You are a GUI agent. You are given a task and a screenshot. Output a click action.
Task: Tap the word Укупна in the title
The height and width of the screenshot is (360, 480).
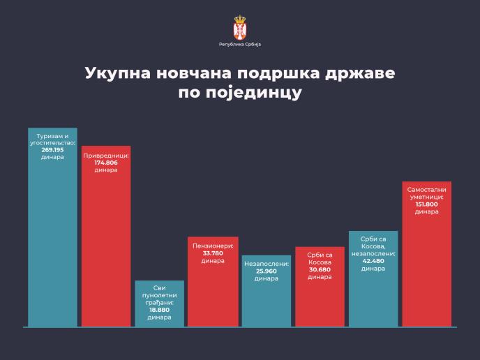click(118, 74)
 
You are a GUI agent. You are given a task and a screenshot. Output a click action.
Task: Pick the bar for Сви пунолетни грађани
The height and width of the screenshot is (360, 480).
click(159, 303)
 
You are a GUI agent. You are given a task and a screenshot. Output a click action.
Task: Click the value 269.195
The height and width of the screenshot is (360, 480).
click(52, 149)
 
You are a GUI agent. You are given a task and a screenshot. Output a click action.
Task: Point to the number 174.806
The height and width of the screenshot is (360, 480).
click(106, 163)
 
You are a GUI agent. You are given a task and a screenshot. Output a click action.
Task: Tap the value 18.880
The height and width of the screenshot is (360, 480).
click(159, 311)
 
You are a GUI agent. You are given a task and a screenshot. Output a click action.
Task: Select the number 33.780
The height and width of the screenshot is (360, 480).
click(213, 254)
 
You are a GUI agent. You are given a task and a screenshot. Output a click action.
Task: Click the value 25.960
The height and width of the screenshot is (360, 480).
click(266, 271)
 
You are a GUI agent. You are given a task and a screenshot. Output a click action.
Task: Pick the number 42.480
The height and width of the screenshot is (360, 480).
click(373, 262)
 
